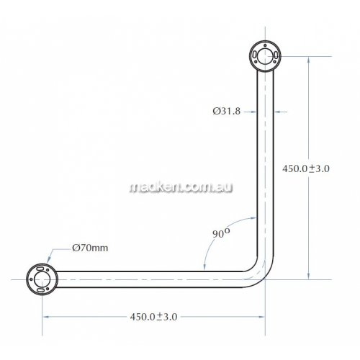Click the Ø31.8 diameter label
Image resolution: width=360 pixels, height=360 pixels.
tap(226, 111)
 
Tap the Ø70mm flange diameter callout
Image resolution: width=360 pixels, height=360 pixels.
tap(90, 248)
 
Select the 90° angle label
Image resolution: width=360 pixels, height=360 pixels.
tap(221, 233)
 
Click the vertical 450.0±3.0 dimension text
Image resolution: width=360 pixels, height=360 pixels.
tap(306, 168)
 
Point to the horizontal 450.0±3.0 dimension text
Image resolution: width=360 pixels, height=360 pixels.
tap(153, 317)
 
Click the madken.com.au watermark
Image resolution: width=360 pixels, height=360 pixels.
tap(181, 187)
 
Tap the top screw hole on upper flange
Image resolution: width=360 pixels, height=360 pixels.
tap(265, 45)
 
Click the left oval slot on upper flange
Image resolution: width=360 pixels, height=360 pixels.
tap(254, 55)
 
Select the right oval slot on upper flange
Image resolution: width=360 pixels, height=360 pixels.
tap(276, 55)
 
